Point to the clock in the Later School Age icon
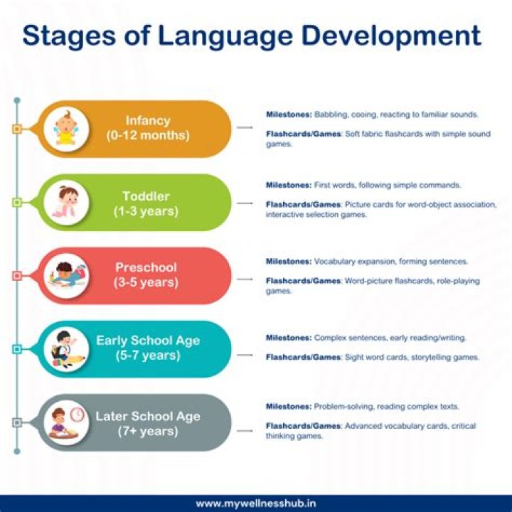(x=78, y=413)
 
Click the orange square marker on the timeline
(x=17, y=129)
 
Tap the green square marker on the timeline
(x=17, y=203)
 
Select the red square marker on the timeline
(x=17, y=275)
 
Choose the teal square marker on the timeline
(x=17, y=349)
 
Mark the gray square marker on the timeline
(x=17, y=422)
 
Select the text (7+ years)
(x=148, y=430)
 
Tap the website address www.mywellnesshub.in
(x=256, y=503)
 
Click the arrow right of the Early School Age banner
(x=245, y=353)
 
